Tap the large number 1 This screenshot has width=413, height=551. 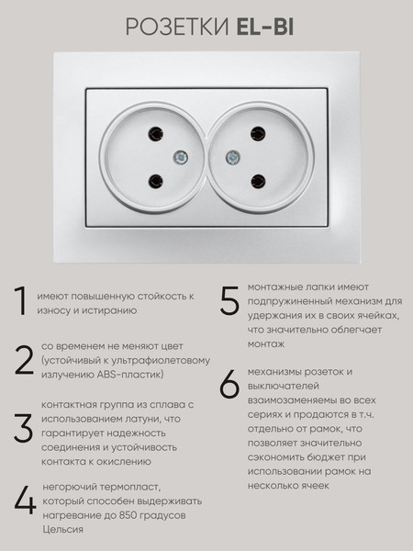click(x=20, y=302)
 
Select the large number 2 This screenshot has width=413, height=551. click(x=24, y=360)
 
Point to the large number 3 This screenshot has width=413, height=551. click(x=23, y=428)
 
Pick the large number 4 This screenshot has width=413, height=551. click(x=25, y=501)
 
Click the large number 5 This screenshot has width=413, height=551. click(x=229, y=302)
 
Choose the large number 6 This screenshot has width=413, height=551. click(x=229, y=385)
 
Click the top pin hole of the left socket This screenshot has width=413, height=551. click(x=153, y=135)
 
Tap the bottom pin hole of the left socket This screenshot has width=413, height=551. click(x=154, y=181)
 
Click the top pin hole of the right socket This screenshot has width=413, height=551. click(x=260, y=135)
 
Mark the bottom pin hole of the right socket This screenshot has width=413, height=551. click(x=260, y=181)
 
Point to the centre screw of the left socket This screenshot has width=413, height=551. click(x=179, y=158)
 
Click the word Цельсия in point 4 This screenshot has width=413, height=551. click(x=63, y=529)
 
